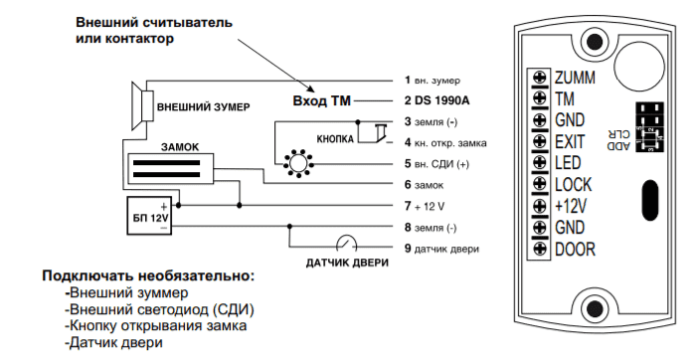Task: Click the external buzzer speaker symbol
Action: [x=143, y=106]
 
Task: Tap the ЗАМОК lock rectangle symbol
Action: [x=171, y=168]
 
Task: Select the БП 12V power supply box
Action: [x=149, y=216]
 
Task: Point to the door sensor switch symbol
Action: [x=347, y=243]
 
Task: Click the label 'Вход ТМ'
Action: [x=322, y=100]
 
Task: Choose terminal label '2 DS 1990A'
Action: [x=436, y=100]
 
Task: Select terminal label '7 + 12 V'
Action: [x=425, y=206]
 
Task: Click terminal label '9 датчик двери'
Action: [x=441, y=249]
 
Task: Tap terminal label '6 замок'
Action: [x=424, y=185]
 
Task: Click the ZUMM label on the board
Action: [x=575, y=78]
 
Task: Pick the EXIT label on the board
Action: [x=570, y=142]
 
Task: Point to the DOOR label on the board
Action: [x=575, y=250]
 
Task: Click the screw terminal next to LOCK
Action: [x=540, y=184]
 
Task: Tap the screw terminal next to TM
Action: [x=540, y=98]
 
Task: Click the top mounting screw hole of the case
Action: [x=594, y=42]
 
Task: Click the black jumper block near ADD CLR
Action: [x=650, y=127]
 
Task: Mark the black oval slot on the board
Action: [x=649, y=201]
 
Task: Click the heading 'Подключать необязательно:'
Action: [x=149, y=275]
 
